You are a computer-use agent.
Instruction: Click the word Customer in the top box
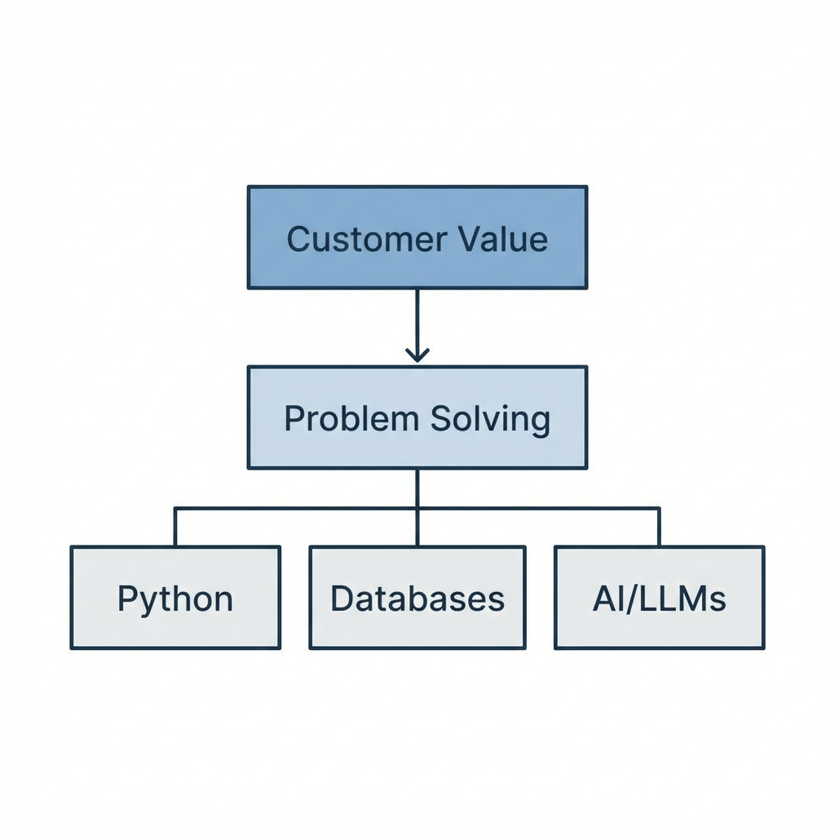tap(367, 239)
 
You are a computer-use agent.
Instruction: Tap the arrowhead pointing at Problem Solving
tap(417, 355)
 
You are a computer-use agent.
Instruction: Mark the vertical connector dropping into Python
tap(175, 528)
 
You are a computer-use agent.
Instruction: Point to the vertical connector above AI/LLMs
tap(659, 528)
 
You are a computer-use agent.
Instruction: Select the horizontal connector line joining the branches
tap(294, 509)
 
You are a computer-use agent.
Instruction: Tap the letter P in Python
tap(126, 599)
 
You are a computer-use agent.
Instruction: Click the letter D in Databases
tap(340, 599)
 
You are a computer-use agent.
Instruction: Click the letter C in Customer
tap(298, 239)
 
